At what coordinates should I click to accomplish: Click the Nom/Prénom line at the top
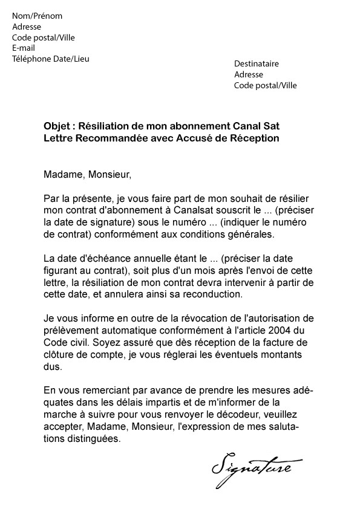point(37,16)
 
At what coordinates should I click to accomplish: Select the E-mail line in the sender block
point(24,48)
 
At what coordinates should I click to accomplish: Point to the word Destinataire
point(257,63)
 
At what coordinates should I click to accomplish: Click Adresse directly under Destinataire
point(249,74)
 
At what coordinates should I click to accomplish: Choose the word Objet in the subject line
point(56,126)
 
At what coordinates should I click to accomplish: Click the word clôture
point(59,355)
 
